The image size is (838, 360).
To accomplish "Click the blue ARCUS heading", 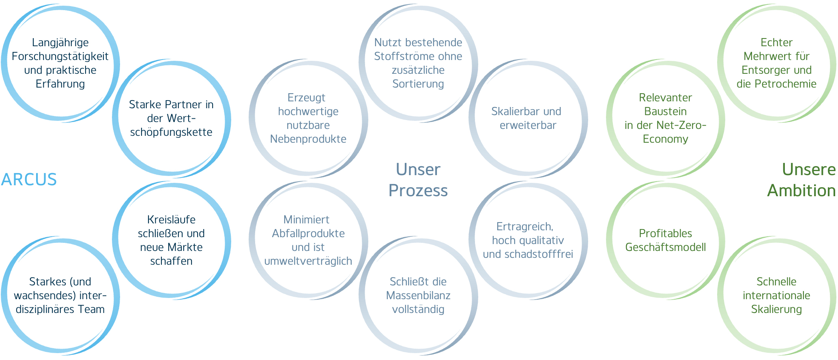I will pyautogui.click(x=29, y=180).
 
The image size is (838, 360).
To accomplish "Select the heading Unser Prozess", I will pyautogui.click(x=418, y=180).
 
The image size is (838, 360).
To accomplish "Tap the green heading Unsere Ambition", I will pyautogui.click(x=801, y=180).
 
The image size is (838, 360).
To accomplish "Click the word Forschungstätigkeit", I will pyautogui.click(x=60, y=56).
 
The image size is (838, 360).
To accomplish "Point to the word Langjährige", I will pyautogui.click(x=60, y=43).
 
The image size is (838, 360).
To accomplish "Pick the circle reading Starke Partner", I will pyautogui.click(x=171, y=118).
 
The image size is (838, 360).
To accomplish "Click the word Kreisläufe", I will pyautogui.click(x=171, y=220).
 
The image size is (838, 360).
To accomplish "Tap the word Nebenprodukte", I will pyautogui.click(x=308, y=139).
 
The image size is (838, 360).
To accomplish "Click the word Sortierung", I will pyautogui.click(x=418, y=84).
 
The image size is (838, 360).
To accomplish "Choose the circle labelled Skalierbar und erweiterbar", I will pyautogui.click(x=528, y=118).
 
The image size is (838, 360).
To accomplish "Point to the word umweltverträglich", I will pyautogui.click(x=308, y=261).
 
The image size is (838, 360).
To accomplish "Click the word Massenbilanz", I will pyautogui.click(x=418, y=296).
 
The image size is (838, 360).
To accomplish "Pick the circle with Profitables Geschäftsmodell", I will pyautogui.click(x=665, y=240).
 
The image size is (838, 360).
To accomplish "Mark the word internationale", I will pyautogui.click(x=776, y=296).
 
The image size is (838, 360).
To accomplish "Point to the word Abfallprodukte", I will pyautogui.click(x=308, y=234).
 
